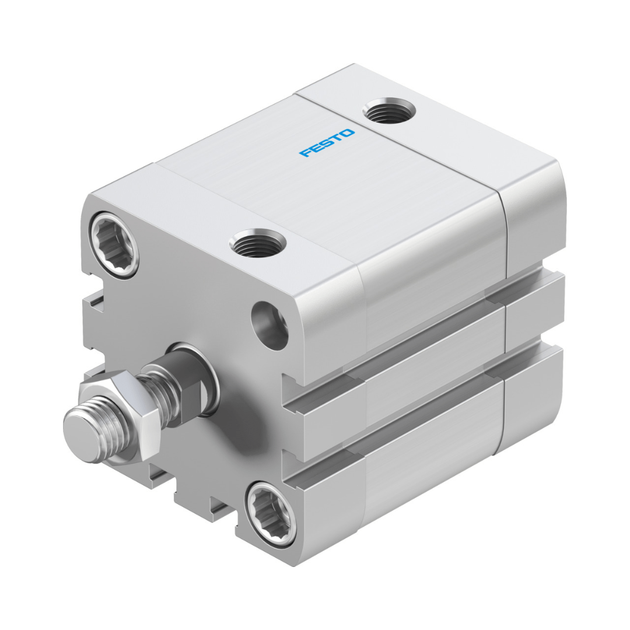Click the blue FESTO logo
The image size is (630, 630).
(327, 143)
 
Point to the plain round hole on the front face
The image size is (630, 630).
(269, 325)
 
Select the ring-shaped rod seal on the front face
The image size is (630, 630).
(197, 377)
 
